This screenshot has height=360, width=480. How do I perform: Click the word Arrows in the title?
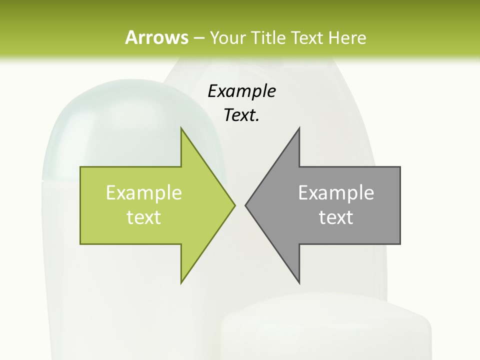156,37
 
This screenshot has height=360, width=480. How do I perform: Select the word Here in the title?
347,37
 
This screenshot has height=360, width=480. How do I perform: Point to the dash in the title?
198,38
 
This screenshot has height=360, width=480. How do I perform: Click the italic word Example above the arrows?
241,91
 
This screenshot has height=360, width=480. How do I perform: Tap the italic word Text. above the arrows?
241,115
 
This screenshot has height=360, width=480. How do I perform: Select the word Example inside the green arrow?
144,192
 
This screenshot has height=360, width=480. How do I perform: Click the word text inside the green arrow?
144,217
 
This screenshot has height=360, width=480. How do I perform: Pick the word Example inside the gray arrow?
336,192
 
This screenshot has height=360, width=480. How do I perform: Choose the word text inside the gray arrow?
336,217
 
